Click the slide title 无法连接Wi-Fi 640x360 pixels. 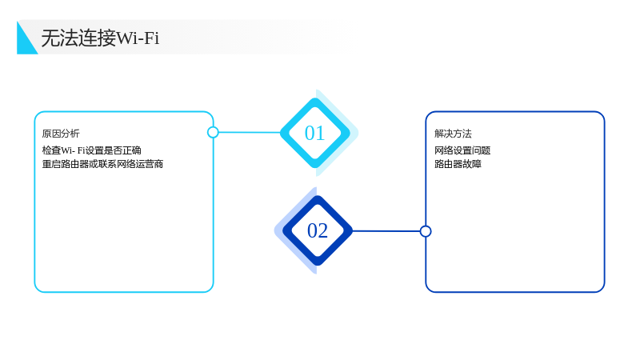click(x=100, y=38)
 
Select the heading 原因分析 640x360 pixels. click(x=61, y=134)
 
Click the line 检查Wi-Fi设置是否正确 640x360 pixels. click(x=91, y=150)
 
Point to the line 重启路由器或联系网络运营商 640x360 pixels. click(x=102, y=164)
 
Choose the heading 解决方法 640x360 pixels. click(x=453, y=134)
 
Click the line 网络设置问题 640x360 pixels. click(x=462, y=150)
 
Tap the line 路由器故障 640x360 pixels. click(x=458, y=164)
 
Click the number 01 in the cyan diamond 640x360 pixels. click(x=314, y=133)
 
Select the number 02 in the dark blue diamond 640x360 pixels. click(x=317, y=230)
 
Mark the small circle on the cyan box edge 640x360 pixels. click(x=213, y=132)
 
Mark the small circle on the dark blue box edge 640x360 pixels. click(x=426, y=231)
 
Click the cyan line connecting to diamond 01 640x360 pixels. click(x=250, y=132)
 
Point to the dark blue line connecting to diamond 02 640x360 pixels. click(x=386, y=231)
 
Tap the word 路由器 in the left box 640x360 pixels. click(x=70, y=164)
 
